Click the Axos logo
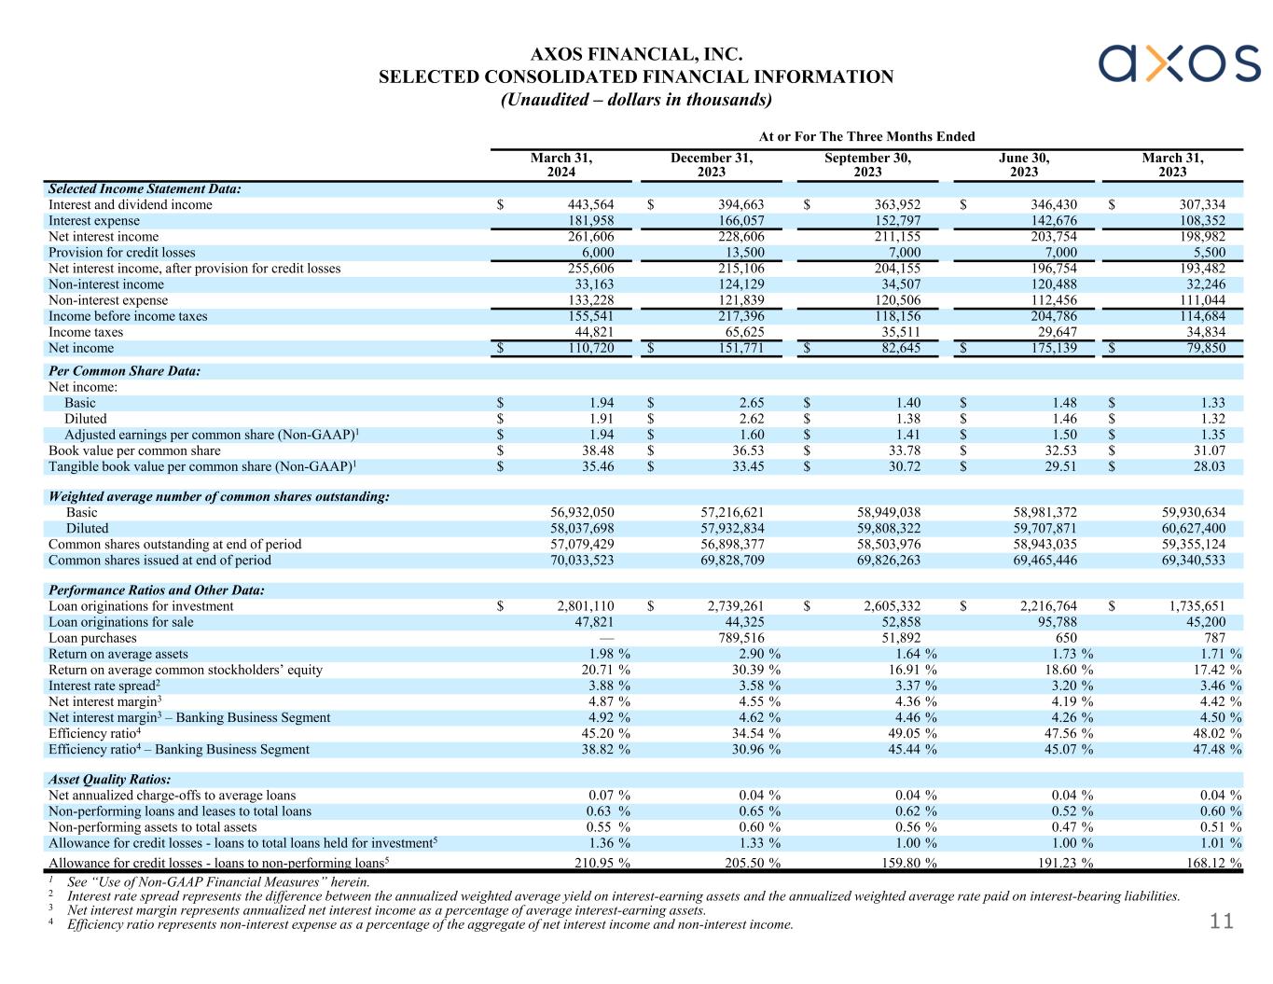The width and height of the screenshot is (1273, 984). [x=1179, y=62]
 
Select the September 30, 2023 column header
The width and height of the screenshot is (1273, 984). [x=867, y=165]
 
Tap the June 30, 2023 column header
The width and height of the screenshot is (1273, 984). [x=1023, y=165]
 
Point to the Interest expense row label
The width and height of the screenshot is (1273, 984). [x=94, y=221]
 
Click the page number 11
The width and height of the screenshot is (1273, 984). [x=1221, y=922]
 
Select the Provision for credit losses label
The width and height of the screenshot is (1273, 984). [x=122, y=253]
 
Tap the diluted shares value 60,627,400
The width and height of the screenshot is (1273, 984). [x=1189, y=529]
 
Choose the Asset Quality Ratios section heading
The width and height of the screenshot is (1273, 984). [x=110, y=780]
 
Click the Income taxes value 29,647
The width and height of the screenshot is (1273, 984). [x=1051, y=332]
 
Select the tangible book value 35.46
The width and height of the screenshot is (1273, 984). [x=596, y=466]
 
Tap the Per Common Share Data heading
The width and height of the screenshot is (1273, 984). [x=124, y=371]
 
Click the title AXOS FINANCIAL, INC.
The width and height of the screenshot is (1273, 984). [x=636, y=56]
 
